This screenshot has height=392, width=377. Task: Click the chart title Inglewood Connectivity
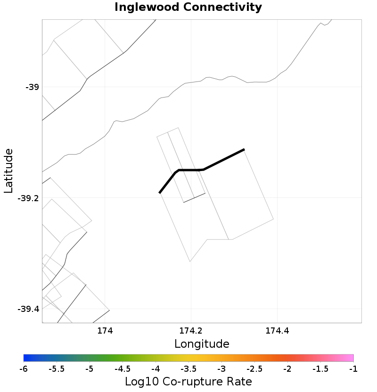click(188, 8)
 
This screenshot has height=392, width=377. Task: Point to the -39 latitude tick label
click(32, 87)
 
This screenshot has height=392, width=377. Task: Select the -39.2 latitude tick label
click(28, 198)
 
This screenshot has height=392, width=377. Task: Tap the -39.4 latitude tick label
click(28, 310)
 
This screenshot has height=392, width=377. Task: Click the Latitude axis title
click(8, 171)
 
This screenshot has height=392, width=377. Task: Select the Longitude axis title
click(202, 344)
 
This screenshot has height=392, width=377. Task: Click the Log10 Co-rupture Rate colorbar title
click(188, 382)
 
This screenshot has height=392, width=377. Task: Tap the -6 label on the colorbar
click(24, 368)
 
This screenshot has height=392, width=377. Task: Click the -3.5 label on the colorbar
click(188, 368)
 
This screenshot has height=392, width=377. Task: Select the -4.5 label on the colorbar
click(123, 368)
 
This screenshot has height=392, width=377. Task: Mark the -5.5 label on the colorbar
click(57, 368)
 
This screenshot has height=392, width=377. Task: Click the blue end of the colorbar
click(26, 358)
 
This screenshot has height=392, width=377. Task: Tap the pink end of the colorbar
click(351, 358)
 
